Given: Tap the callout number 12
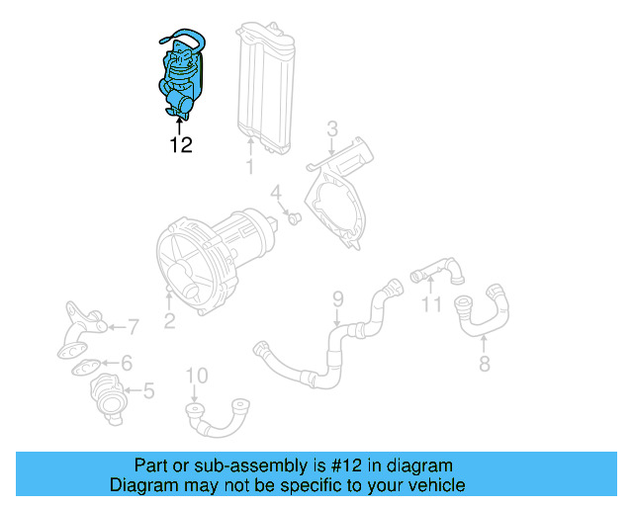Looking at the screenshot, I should click(x=179, y=145).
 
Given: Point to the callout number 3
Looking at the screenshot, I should click(x=332, y=127).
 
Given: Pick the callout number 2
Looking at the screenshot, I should click(x=169, y=319).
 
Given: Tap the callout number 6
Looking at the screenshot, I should click(x=126, y=363).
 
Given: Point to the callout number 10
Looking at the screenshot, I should click(x=197, y=376).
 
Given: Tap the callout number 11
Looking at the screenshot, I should click(x=430, y=305).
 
